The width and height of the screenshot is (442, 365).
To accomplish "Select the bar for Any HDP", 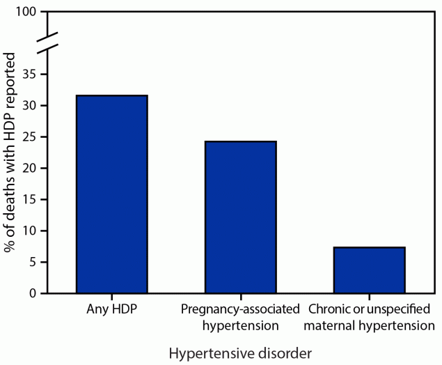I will click(x=111, y=194).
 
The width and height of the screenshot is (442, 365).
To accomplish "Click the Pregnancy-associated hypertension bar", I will click(x=240, y=217).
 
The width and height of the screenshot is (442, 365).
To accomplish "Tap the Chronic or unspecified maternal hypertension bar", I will click(x=369, y=270).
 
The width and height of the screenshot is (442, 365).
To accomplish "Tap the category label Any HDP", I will click(x=111, y=309).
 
